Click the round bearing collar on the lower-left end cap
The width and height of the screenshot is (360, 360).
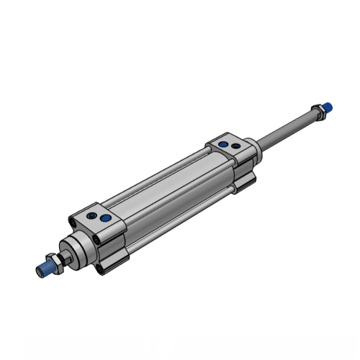[76, 247]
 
